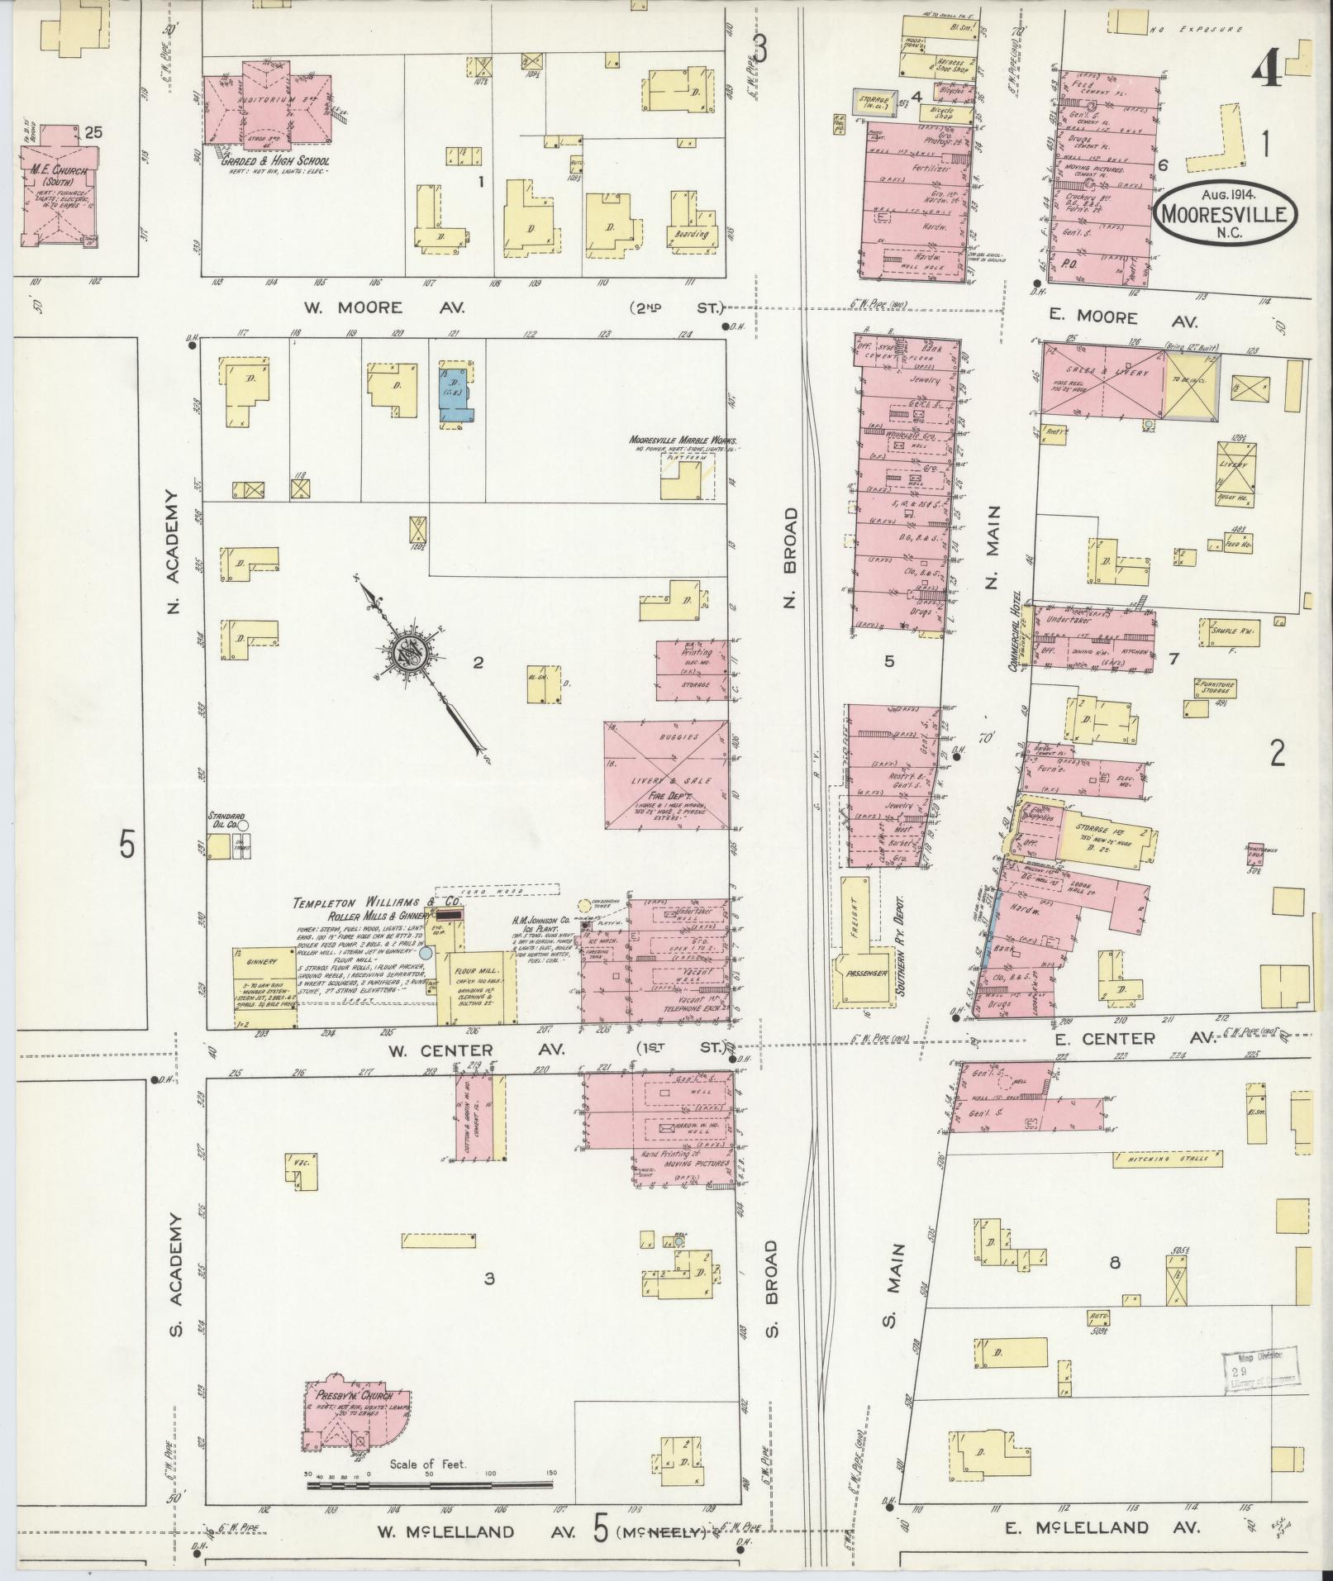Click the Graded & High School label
275,162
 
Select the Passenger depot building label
866,973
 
